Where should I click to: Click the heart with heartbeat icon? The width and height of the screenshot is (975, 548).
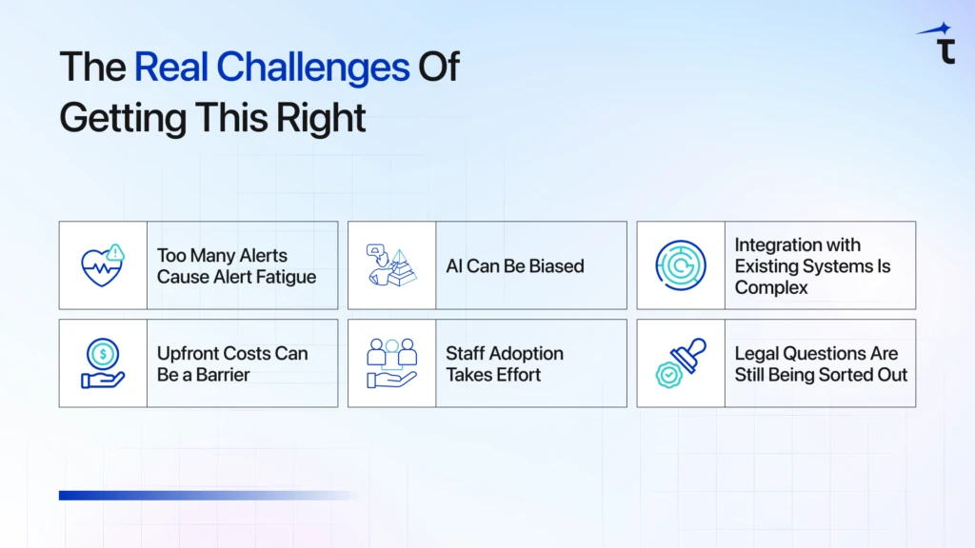(x=101, y=267)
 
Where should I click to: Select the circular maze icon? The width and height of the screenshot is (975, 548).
(x=681, y=265)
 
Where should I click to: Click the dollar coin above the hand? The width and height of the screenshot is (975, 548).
(x=103, y=354)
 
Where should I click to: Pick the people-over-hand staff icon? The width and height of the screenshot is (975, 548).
(x=391, y=363)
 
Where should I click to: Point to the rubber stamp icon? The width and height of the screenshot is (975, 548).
(x=681, y=363)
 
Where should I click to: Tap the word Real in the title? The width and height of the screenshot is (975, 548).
(x=171, y=67)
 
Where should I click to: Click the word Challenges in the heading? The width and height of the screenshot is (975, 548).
(x=312, y=68)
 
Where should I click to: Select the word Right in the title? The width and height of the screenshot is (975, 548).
(x=321, y=118)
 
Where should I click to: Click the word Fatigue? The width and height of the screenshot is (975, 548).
(x=288, y=277)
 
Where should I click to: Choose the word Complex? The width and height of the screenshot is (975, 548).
(x=771, y=287)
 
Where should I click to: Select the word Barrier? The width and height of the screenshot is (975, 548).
(x=221, y=375)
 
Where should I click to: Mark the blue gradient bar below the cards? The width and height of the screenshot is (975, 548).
(x=209, y=495)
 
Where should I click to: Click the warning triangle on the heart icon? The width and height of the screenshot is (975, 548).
(x=115, y=252)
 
